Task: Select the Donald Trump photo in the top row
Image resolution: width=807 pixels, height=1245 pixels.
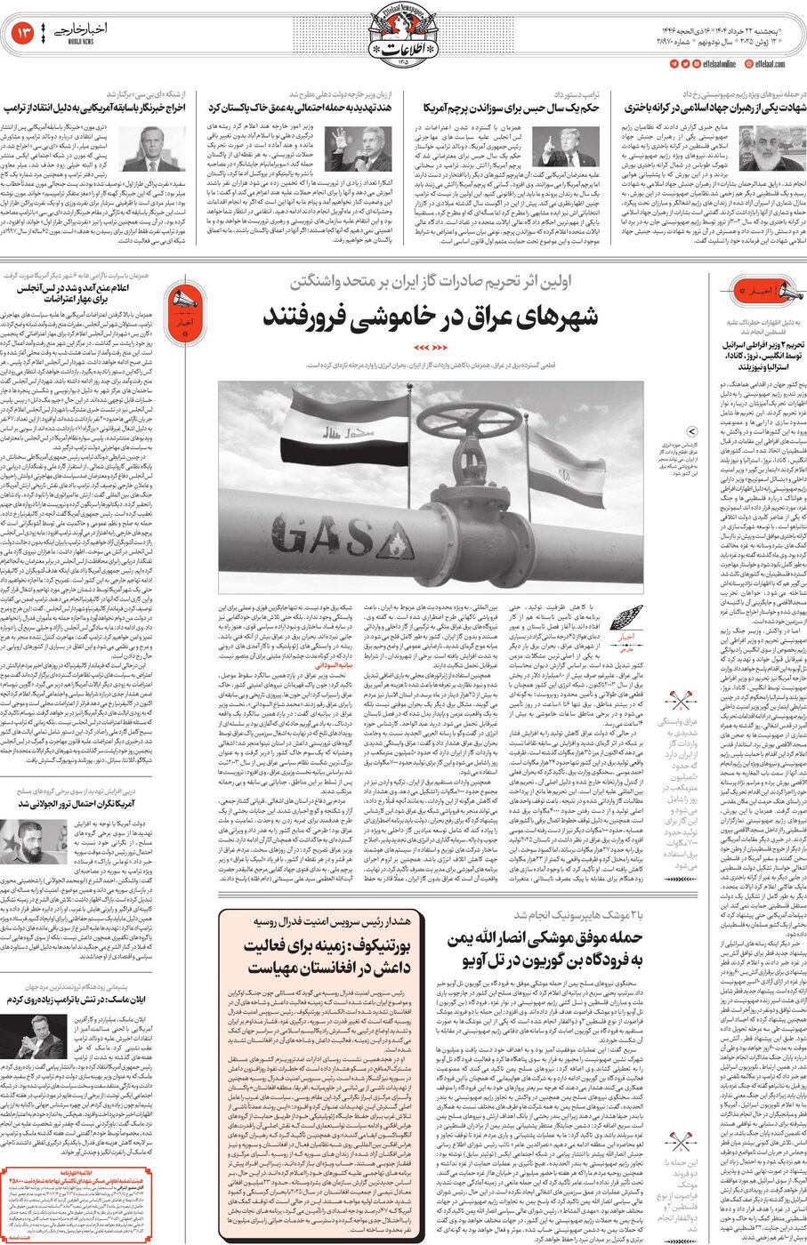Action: tap(569, 147)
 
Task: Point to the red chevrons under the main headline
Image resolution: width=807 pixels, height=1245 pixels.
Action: tap(432, 347)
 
